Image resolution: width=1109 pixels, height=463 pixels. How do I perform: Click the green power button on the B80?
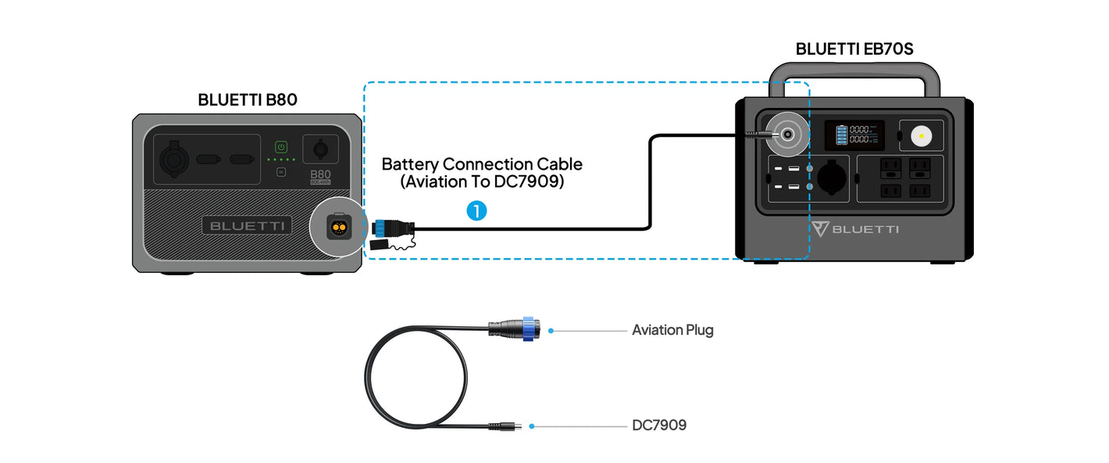281,146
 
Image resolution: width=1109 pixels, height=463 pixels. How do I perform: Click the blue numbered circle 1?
476,210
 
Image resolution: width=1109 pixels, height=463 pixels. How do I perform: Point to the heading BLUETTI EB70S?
854,48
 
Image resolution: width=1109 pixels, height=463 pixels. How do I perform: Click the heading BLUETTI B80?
248,99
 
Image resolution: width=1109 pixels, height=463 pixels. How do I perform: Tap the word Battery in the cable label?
410,164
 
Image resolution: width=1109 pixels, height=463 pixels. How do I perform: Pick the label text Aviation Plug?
672,330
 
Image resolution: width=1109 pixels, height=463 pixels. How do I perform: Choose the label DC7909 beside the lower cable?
659,425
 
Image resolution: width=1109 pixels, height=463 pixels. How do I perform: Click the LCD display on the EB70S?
855,135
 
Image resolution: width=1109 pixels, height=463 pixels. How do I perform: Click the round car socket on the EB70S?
832,177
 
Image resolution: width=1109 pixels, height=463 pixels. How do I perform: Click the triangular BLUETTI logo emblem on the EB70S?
819,228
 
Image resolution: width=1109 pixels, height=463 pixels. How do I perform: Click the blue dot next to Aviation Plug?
551,331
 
